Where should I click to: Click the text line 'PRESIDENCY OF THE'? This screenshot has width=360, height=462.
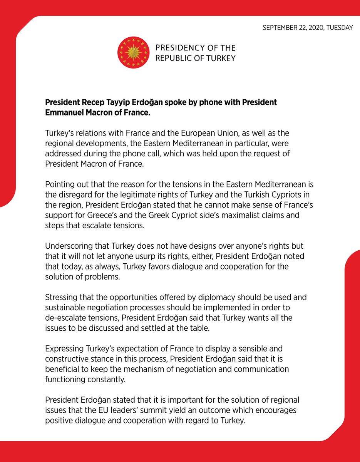pos(195,48)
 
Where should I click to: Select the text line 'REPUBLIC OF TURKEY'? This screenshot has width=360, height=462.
pos(195,58)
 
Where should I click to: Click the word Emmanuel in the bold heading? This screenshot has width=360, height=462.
pos(65,113)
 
